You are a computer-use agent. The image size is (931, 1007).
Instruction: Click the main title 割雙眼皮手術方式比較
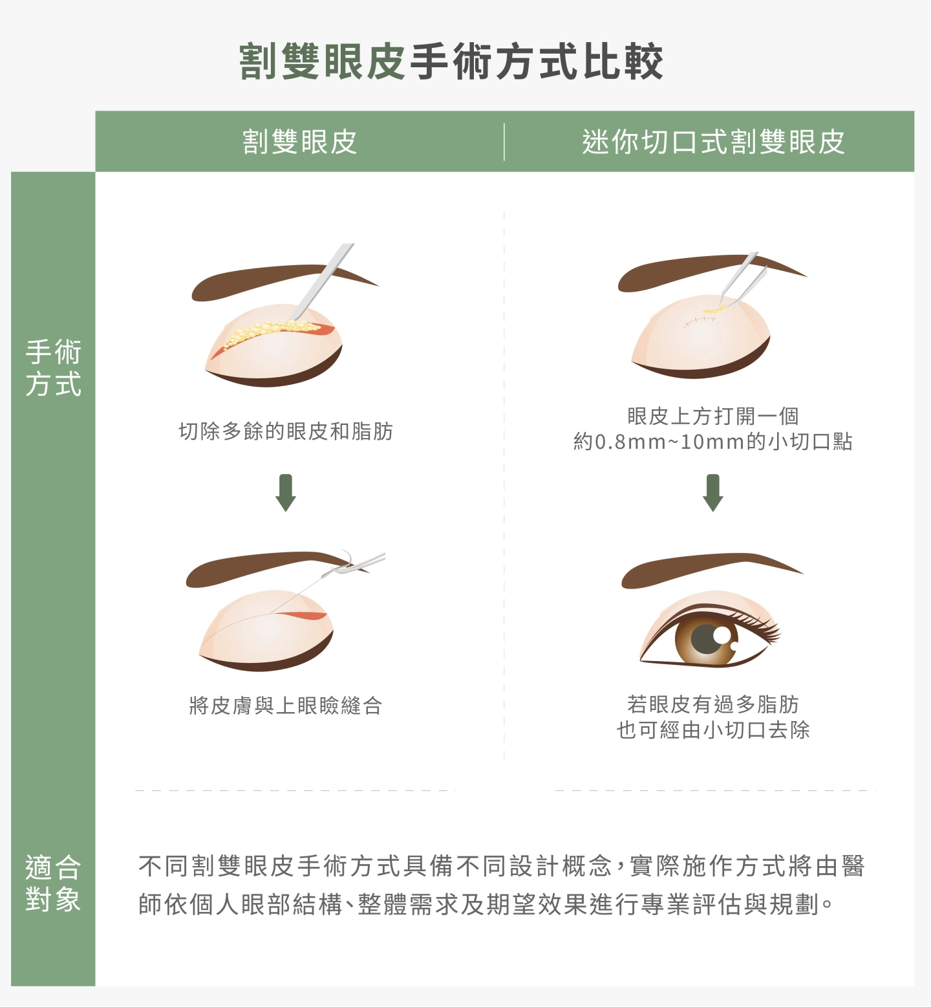tap(451, 62)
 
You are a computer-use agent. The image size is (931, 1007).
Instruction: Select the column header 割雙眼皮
tap(299, 142)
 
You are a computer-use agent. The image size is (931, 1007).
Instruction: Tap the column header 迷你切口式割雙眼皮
tap(713, 142)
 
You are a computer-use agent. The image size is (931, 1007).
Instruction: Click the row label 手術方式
tap(53, 367)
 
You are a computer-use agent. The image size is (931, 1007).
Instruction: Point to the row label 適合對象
tap(53, 883)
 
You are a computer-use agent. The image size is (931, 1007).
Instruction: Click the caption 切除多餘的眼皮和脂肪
tap(286, 431)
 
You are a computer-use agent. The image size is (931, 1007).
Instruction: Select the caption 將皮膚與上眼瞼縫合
tap(286, 705)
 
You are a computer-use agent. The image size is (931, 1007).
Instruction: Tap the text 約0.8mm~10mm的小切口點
tap(712, 442)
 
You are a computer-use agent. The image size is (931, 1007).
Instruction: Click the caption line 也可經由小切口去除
tap(712, 730)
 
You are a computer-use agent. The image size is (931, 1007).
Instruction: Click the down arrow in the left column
tap(286, 493)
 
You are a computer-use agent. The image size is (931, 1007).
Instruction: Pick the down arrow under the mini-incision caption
tap(712, 493)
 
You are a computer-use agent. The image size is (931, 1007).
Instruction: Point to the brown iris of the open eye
tap(706, 642)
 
